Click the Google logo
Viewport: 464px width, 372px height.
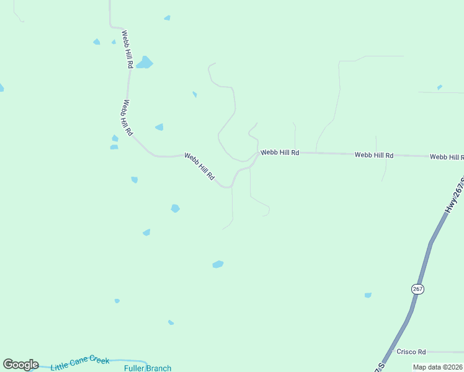pos(20,365)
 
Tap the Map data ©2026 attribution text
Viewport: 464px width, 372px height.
pos(437,367)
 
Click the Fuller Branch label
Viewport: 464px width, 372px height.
pos(148,368)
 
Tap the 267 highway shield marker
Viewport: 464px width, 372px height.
pos(417,289)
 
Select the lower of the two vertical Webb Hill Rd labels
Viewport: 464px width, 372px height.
pos(127,118)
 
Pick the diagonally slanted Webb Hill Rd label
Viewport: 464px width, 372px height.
pos(199,167)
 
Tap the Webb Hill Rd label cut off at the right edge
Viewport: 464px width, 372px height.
pos(447,157)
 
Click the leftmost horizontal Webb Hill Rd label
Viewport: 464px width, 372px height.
pos(280,152)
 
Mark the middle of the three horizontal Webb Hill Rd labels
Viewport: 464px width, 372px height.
pos(374,155)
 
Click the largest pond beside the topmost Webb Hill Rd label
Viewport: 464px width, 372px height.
pos(145,63)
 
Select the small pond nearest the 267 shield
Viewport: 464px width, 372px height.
pos(368,295)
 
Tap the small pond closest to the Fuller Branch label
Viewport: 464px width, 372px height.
pos(171,322)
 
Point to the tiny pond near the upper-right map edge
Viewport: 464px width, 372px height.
pos(440,87)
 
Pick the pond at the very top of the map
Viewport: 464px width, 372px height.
pos(167,18)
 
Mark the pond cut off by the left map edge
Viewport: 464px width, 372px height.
pos(1,87)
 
